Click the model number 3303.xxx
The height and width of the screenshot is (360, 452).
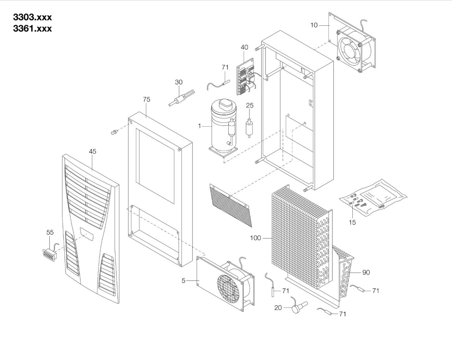pyautogui.click(x=32, y=17)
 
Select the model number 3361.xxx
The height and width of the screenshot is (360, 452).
pyautogui.click(x=32, y=28)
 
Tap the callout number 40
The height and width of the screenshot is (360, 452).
pyautogui.click(x=244, y=47)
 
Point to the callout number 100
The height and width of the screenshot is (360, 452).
pyautogui.click(x=255, y=238)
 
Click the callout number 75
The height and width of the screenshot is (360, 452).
pyautogui.click(x=147, y=99)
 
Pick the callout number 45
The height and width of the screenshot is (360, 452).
pyautogui.click(x=92, y=151)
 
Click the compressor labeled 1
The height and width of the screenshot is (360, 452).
pyautogui.click(x=223, y=128)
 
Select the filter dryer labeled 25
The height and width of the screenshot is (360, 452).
pyautogui.click(x=249, y=128)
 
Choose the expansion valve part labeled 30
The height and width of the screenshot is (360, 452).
pyautogui.click(x=182, y=98)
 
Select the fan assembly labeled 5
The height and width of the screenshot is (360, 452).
pyautogui.click(x=225, y=284)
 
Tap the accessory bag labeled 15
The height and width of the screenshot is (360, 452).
pyautogui.click(x=373, y=197)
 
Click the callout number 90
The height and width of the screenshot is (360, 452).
pyautogui.click(x=366, y=272)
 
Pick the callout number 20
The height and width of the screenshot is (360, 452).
pyautogui.click(x=278, y=308)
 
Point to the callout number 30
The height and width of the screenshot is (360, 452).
pyautogui.click(x=178, y=82)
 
